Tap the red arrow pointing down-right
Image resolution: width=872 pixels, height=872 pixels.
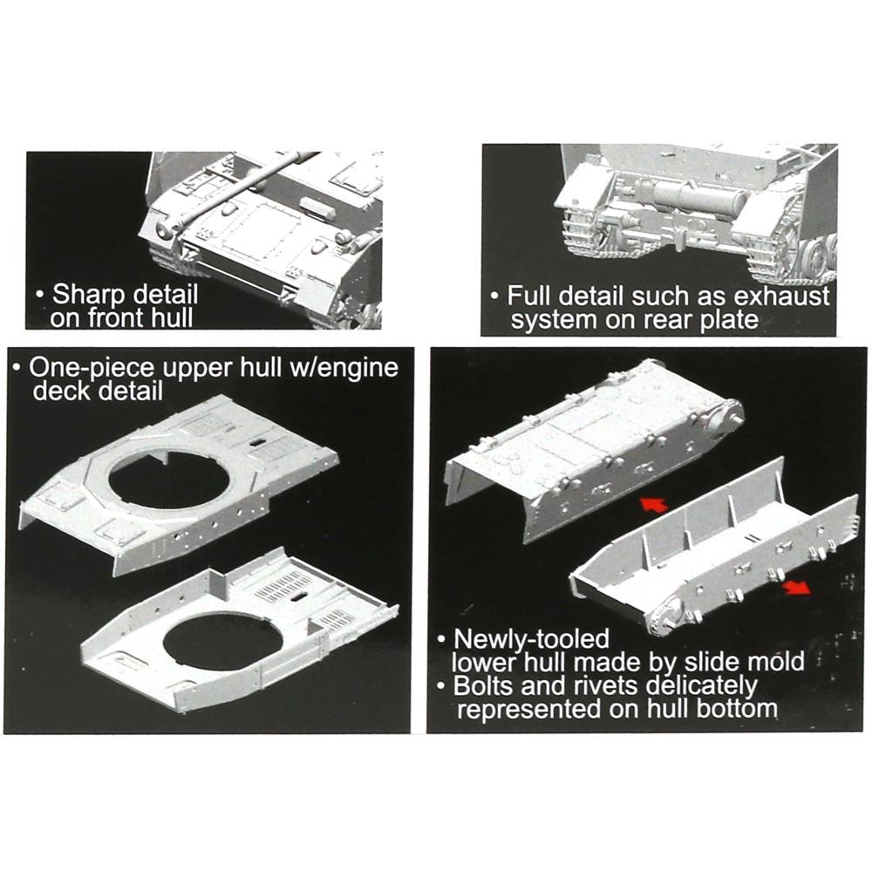(x=794, y=589)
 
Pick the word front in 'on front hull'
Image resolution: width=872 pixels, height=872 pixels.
(x=119, y=318)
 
